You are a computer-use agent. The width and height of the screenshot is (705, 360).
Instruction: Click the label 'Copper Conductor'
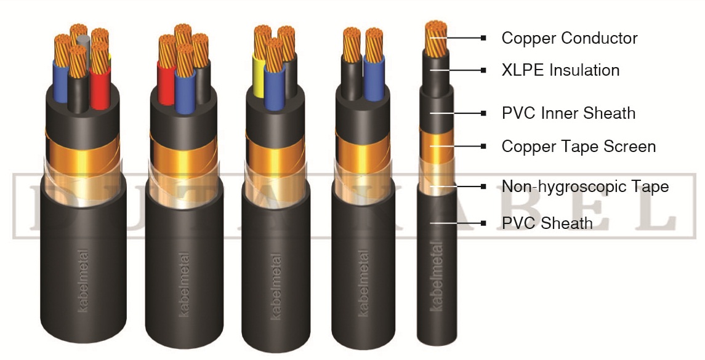(569, 38)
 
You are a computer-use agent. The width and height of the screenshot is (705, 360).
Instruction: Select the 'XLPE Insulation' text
(560, 70)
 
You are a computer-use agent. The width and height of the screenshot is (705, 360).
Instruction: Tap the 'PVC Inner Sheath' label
(568, 113)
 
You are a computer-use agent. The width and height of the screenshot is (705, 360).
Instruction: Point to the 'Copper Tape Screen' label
(578, 146)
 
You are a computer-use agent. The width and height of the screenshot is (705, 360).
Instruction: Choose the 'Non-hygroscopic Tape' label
(585, 186)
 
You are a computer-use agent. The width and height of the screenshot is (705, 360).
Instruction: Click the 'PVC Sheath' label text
(547, 223)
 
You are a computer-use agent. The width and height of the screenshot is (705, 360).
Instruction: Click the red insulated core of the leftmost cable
(99, 86)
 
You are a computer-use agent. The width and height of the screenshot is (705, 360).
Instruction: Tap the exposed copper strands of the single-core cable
(435, 37)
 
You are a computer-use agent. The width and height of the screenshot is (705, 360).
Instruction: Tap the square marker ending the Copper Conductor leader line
(484, 38)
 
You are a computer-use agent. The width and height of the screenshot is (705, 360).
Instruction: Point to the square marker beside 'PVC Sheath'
(484, 223)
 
